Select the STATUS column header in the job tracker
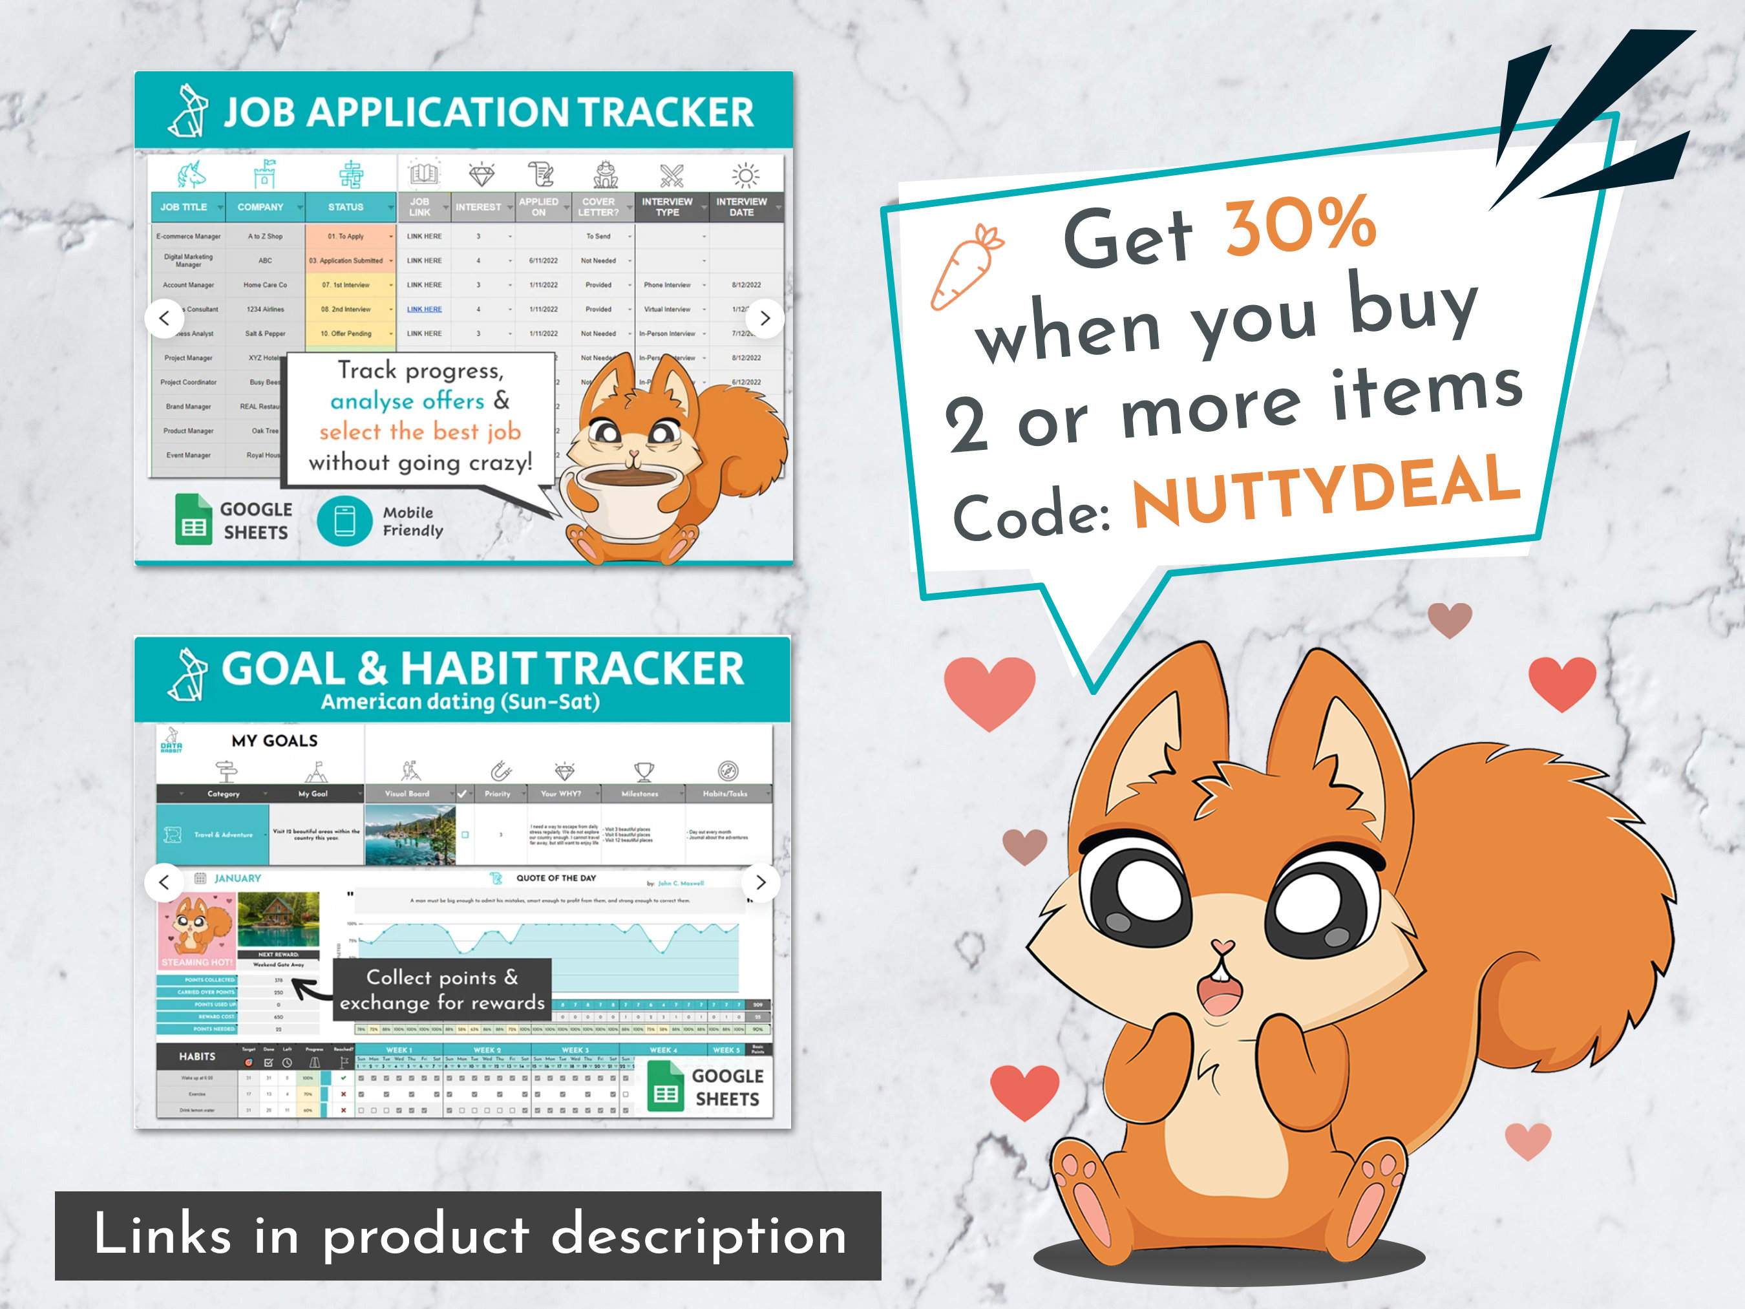[x=346, y=207]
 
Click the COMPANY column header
[x=260, y=207]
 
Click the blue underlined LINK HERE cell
[x=425, y=309]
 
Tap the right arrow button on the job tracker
[x=764, y=318]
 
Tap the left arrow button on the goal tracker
[x=164, y=882]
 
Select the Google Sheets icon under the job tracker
[x=193, y=519]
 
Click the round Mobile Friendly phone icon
[x=344, y=521]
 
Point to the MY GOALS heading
[x=275, y=740]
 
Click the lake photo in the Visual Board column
[x=410, y=834]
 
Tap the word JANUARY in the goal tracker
[x=237, y=878]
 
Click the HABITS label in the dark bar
[x=197, y=1056]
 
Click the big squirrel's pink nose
[x=1222, y=946]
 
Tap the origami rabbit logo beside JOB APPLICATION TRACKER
[x=189, y=111]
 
